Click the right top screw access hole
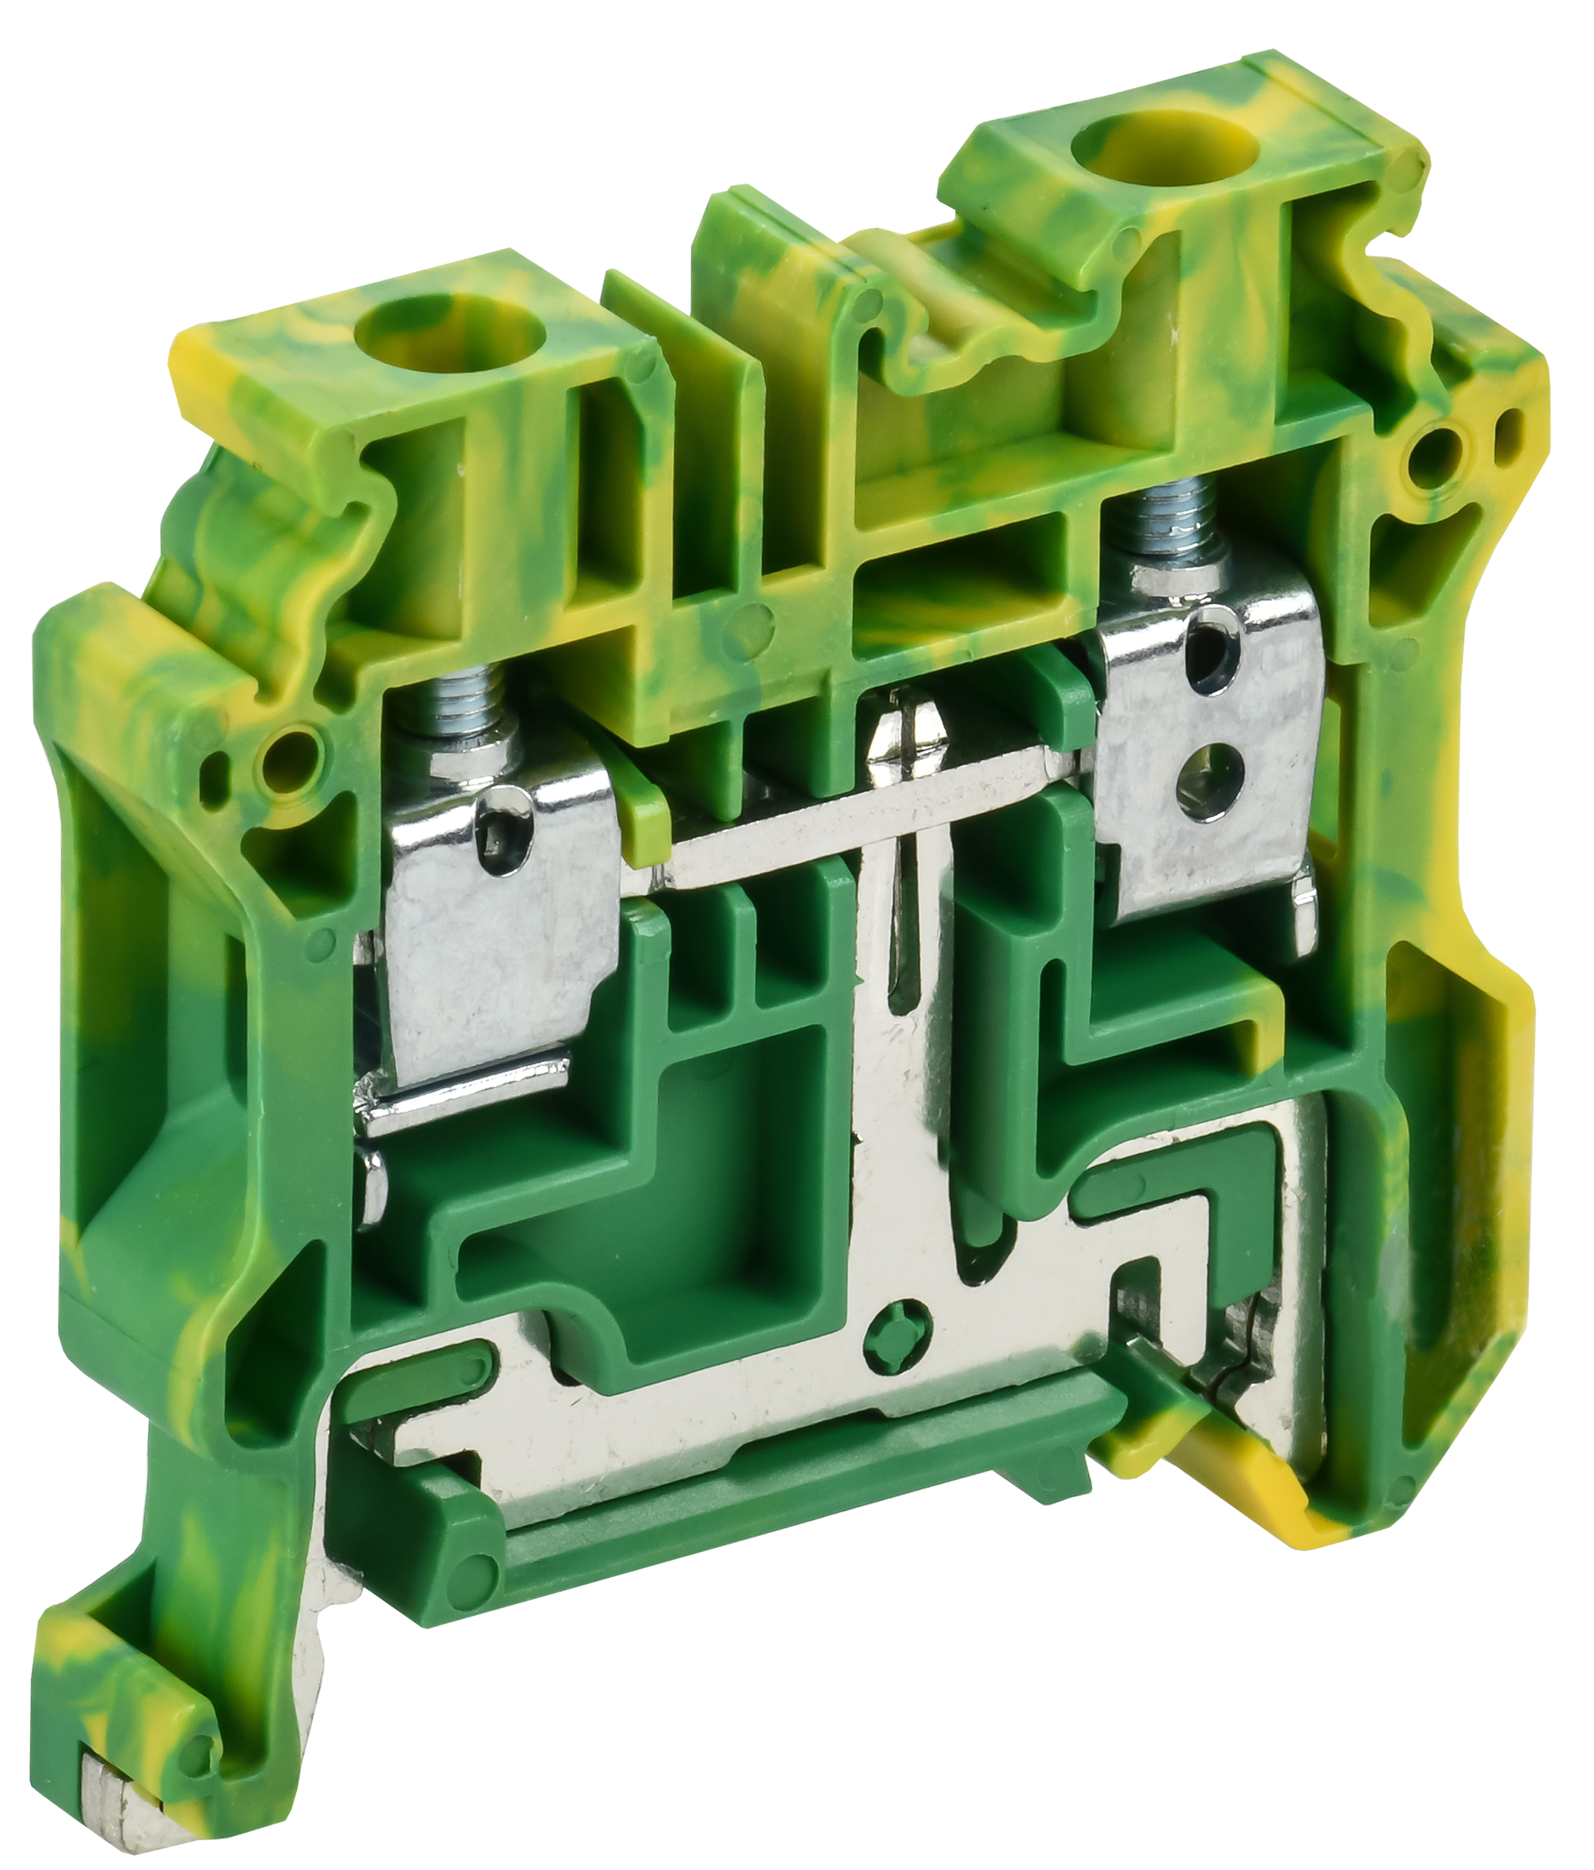1121,143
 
